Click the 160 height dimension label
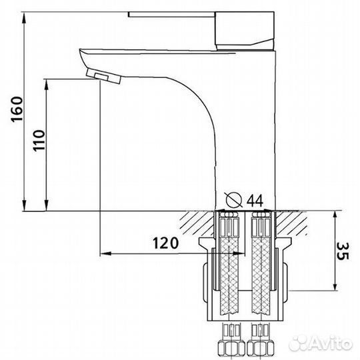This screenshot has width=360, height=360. [17, 109]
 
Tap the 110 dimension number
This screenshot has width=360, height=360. [39, 141]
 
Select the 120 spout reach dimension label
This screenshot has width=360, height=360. [165, 243]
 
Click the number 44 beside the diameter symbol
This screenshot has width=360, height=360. [255, 201]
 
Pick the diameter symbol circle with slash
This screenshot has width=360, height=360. [234, 199]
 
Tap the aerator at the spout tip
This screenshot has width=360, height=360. [103, 76]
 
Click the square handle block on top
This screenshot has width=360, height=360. [245, 31]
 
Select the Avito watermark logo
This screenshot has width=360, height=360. [320, 344]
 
